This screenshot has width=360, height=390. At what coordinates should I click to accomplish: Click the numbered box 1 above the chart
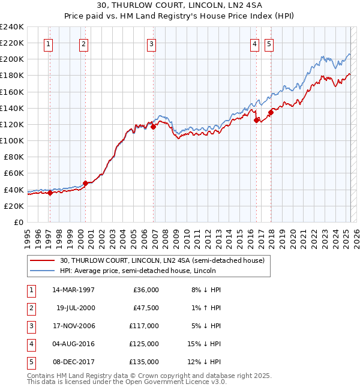pyautogui.click(x=48, y=43)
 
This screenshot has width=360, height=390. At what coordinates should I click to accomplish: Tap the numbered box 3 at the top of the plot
pyautogui.click(x=151, y=43)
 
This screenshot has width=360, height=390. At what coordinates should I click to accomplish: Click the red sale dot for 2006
pyautogui.click(x=154, y=127)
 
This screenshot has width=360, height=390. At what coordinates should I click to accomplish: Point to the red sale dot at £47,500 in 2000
pyautogui.click(x=85, y=183)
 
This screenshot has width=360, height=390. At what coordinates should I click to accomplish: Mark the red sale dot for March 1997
pyautogui.click(x=50, y=193)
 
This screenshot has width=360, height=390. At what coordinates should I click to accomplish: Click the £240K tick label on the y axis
pyautogui.click(x=11, y=27)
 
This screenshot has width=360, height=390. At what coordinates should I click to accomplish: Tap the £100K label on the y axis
pyautogui.click(x=11, y=140)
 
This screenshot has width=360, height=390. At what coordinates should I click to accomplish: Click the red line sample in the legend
pyautogui.click(x=43, y=260)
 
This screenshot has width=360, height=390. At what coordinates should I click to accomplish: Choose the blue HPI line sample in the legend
pyautogui.click(x=43, y=271)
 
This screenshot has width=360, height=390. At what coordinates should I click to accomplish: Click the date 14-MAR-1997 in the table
pyautogui.click(x=74, y=290)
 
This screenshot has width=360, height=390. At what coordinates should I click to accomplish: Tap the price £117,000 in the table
pyautogui.click(x=144, y=326)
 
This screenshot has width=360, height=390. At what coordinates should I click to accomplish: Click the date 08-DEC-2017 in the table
pyautogui.click(x=74, y=362)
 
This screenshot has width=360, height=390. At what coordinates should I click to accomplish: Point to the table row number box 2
pyautogui.click(x=30, y=308)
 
